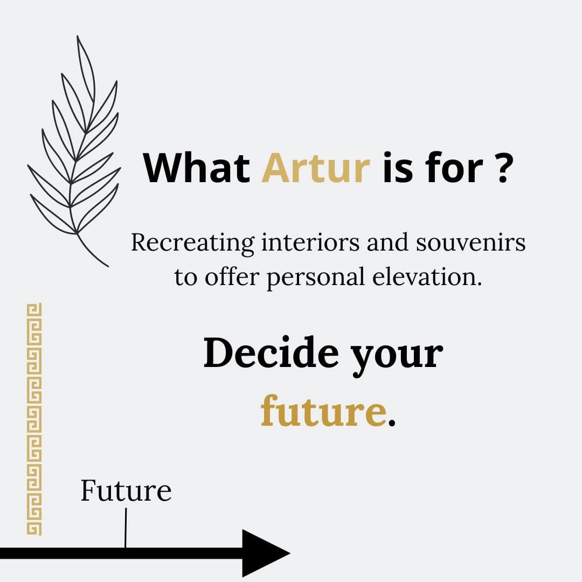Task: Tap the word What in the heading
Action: click(x=197, y=168)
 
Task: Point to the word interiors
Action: click(x=311, y=242)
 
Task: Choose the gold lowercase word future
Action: click(x=323, y=410)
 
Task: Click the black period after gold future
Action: click(x=391, y=422)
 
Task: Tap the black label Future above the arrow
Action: click(x=126, y=491)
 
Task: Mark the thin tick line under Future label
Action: click(x=126, y=528)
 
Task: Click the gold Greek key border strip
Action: click(x=34, y=419)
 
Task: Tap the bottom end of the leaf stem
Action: click(x=108, y=266)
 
